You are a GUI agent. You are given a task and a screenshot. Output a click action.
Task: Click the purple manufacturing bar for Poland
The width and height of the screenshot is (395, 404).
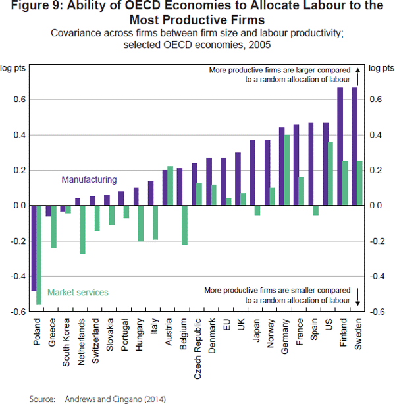[x=34, y=248]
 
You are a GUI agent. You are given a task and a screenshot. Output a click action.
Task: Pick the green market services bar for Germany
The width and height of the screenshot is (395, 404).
[x=287, y=170]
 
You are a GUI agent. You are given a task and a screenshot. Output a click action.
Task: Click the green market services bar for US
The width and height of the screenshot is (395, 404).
[x=330, y=173]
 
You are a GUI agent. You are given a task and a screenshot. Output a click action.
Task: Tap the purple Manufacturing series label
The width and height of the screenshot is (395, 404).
[x=89, y=179]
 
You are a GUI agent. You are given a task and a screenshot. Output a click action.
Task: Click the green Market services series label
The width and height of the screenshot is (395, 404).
[x=78, y=293]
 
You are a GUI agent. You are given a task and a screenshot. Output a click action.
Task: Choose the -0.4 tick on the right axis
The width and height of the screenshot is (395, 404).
[x=378, y=276]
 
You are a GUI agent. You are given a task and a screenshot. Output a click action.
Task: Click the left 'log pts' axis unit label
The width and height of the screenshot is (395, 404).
[x=13, y=68]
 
